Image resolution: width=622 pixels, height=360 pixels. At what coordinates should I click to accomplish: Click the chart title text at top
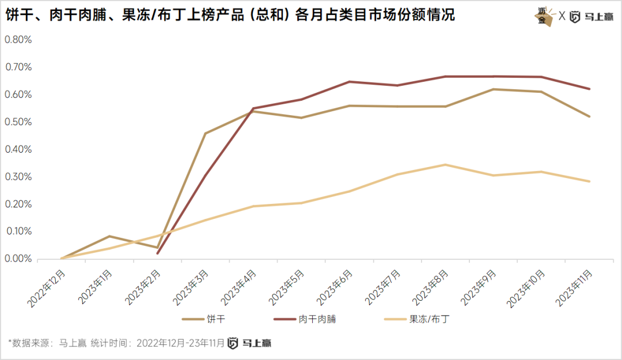coord(230,15)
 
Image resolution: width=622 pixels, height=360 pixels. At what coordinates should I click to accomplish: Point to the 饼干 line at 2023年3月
coord(205,134)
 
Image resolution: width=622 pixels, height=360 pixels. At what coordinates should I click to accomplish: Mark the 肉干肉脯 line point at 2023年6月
coord(349,82)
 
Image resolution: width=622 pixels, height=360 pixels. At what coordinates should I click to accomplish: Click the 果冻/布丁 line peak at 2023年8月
coord(445,165)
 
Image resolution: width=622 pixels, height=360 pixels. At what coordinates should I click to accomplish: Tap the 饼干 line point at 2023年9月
coord(494,89)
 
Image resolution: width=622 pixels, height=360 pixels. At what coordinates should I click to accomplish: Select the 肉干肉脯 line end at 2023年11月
coord(590,89)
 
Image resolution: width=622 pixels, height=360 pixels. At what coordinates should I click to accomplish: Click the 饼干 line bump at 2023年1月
coord(109,236)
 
